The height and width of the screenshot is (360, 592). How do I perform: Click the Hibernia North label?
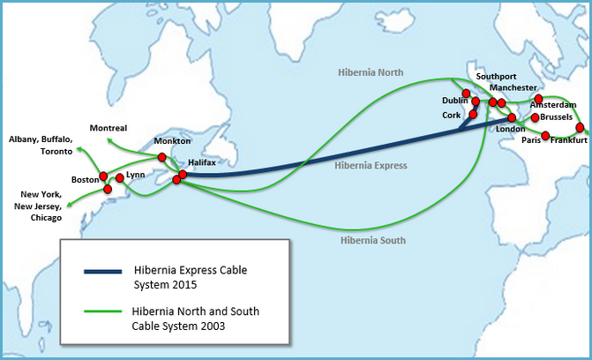pos(371,72)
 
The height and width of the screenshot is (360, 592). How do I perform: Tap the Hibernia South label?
pos(373,240)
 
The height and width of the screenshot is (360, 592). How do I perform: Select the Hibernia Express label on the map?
pos(371,166)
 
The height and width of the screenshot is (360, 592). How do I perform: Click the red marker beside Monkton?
pos(162,157)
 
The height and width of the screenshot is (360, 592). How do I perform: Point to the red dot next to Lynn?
pos(120,178)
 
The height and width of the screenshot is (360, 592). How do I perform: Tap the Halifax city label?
pos(202,162)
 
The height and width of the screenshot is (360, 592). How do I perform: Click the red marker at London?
pos(512,117)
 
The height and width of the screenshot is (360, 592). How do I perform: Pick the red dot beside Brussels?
pos(535,117)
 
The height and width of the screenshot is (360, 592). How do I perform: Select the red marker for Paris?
pos(545,136)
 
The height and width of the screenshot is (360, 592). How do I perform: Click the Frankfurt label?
pos(568,140)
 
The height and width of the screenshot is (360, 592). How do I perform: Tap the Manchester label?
pos(513,87)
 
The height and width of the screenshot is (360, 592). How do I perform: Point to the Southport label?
pos(496,77)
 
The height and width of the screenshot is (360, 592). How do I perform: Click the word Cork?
pos(452,116)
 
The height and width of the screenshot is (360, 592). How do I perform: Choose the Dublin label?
pos(455,101)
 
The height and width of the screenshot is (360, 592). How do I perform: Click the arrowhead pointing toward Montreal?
pos(109,140)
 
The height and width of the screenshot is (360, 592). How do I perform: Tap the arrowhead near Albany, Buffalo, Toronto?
pos(79,149)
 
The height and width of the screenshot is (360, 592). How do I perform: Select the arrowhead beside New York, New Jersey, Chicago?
pos(69,205)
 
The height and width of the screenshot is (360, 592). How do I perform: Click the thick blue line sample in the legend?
pos(102,271)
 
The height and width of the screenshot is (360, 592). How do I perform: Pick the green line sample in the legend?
pos(102,311)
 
